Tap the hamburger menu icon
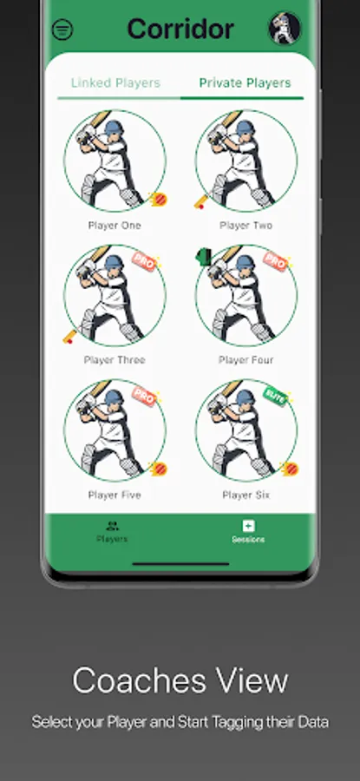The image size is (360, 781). (62, 30)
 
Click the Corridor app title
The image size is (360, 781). (180, 29)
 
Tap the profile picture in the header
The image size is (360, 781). (285, 28)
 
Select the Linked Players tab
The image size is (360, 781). (115, 82)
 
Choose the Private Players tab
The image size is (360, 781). (245, 82)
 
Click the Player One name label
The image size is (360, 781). (115, 226)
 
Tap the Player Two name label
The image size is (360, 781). (246, 226)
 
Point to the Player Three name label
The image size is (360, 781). (115, 360)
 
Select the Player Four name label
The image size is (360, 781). (246, 360)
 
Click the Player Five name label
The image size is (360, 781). (115, 496)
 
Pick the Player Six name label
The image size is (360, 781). (246, 496)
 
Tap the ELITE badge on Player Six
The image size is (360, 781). (275, 396)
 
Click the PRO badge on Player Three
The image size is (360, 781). (144, 261)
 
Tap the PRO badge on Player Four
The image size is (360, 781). (275, 261)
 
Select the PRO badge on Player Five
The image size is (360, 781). (144, 396)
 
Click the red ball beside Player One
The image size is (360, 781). (159, 200)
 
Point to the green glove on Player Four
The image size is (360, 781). (204, 257)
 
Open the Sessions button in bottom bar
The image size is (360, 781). (248, 531)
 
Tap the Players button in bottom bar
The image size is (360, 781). (112, 531)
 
